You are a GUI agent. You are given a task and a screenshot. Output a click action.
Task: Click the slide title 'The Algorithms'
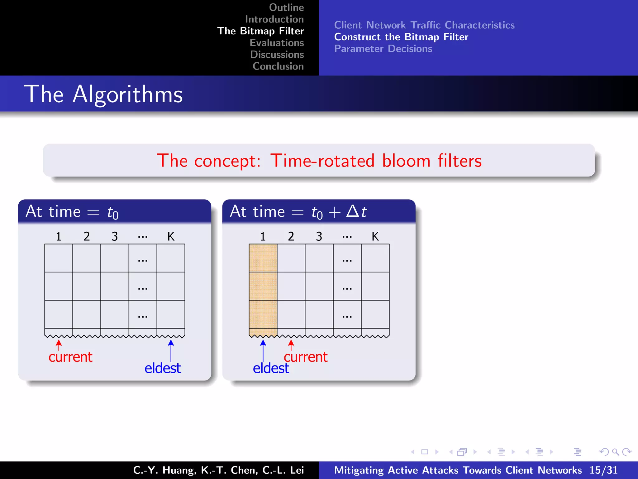click(103, 94)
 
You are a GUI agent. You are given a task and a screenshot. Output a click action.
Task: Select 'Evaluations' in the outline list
click(277, 43)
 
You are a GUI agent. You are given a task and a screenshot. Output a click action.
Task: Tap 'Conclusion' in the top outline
click(278, 66)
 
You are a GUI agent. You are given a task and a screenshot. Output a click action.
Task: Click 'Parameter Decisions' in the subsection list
click(383, 49)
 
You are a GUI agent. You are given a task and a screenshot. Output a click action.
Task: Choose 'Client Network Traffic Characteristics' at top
click(424, 25)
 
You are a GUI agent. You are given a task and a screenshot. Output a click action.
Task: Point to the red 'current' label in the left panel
click(70, 357)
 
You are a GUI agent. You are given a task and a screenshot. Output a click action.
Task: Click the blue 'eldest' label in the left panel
click(163, 368)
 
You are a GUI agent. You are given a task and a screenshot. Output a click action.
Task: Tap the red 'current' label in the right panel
click(306, 357)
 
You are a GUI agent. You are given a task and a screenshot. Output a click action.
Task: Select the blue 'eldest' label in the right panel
click(271, 368)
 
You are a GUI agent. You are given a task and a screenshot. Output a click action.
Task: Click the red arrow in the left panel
click(59, 345)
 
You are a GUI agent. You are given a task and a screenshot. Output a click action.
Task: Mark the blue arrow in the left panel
click(171, 351)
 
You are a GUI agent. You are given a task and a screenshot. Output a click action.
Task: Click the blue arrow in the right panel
click(263, 351)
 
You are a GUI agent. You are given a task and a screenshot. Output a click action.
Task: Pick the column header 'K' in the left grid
click(171, 236)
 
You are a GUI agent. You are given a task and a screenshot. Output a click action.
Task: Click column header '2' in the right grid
click(291, 236)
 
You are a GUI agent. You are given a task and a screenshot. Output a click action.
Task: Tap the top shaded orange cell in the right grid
click(263, 258)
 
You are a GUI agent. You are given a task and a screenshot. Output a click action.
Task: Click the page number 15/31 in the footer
click(603, 470)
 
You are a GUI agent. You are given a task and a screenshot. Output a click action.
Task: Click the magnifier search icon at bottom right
click(615, 452)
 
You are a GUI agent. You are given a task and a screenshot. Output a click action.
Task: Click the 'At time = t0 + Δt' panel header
click(319, 211)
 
